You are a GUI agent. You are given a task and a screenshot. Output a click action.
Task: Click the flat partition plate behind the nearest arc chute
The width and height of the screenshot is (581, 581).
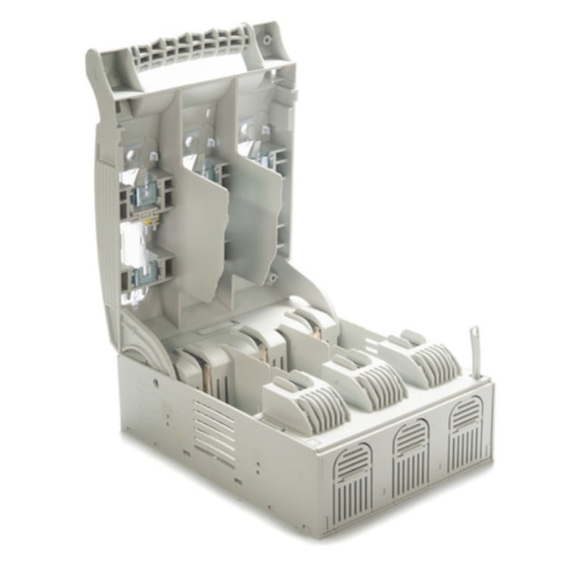[246, 375]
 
